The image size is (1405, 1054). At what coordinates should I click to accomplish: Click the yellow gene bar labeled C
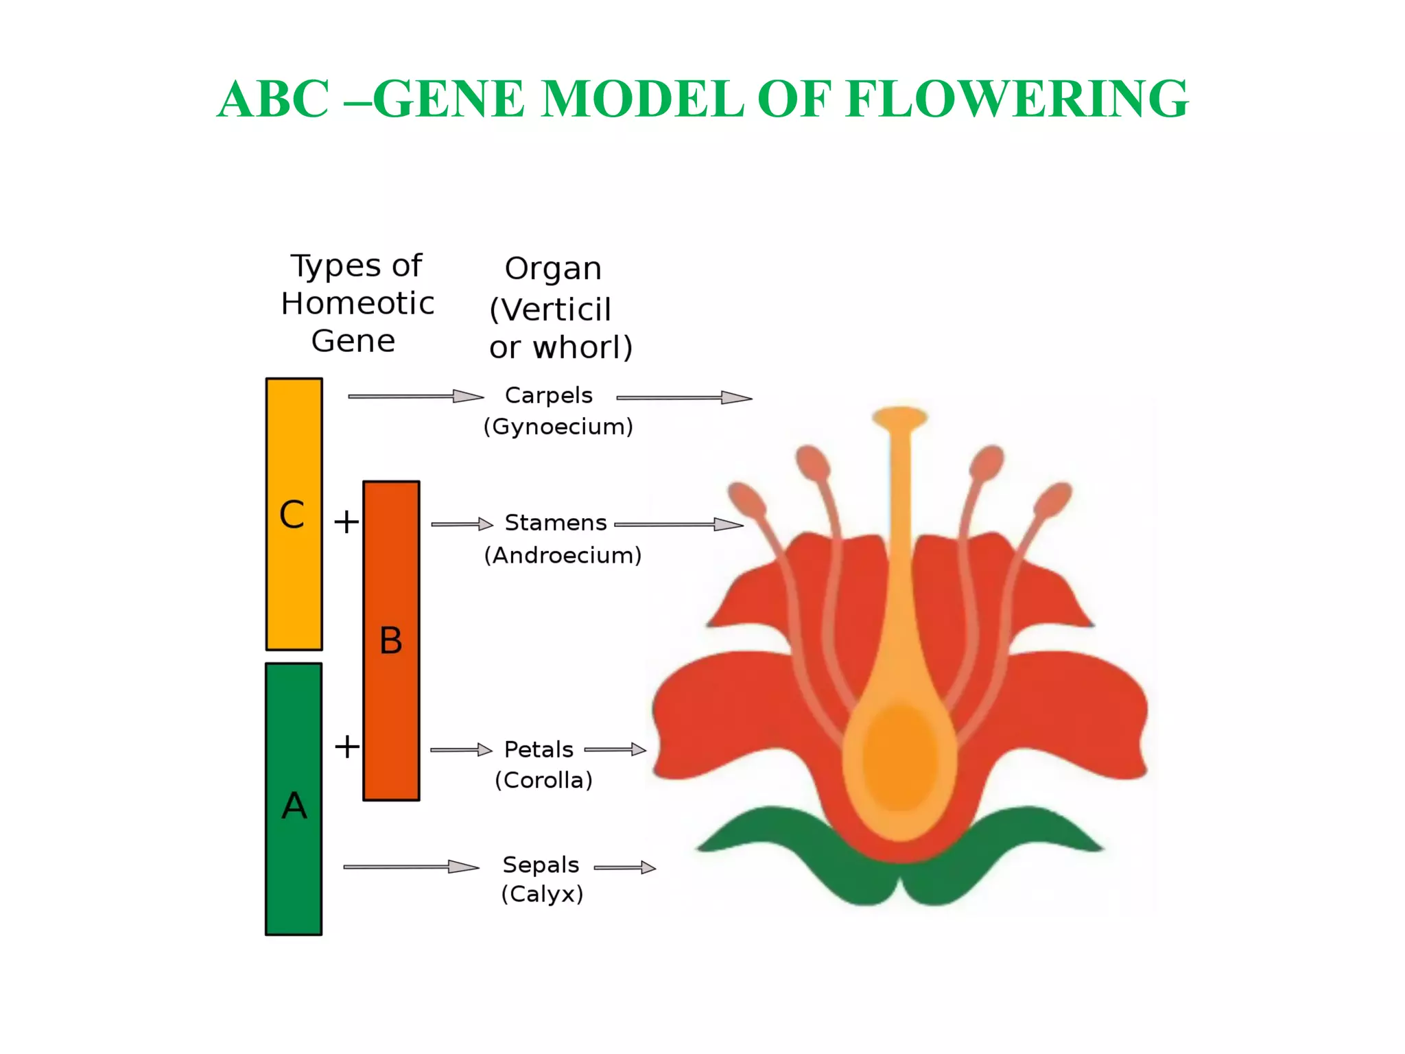pyautogui.click(x=294, y=513)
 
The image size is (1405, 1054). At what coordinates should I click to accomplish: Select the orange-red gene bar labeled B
pyautogui.click(x=391, y=640)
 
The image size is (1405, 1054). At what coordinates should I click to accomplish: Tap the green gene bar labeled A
pyautogui.click(x=294, y=799)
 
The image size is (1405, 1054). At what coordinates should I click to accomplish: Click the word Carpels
pyautogui.click(x=548, y=395)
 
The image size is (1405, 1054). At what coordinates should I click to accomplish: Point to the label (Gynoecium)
pyautogui.click(x=558, y=427)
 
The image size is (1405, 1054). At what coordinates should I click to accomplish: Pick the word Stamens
pyautogui.click(x=556, y=523)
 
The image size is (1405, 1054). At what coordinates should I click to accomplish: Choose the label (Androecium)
pyautogui.click(x=563, y=555)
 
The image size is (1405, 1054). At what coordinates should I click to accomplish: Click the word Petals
pyautogui.click(x=539, y=749)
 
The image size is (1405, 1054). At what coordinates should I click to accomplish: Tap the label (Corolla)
pyautogui.click(x=543, y=780)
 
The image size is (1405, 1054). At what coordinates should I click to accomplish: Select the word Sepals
pyautogui.click(x=541, y=865)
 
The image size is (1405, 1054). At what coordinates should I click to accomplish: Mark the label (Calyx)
pyautogui.click(x=542, y=894)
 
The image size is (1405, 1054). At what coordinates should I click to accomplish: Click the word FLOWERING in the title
pyautogui.click(x=1017, y=99)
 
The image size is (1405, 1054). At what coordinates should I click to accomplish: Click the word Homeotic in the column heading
pyautogui.click(x=357, y=303)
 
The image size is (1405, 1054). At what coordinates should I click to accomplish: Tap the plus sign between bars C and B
pyautogui.click(x=346, y=522)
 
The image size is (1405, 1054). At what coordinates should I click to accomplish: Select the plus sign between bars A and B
pyautogui.click(x=347, y=747)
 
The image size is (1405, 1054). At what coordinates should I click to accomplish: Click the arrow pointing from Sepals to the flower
pyautogui.click(x=624, y=868)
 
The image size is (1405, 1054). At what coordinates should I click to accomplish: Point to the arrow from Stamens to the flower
pyautogui.click(x=678, y=525)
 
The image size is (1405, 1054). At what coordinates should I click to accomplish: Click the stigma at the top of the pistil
pyautogui.click(x=900, y=416)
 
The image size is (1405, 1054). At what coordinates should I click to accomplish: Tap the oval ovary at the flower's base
pyautogui.click(x=899, y=758)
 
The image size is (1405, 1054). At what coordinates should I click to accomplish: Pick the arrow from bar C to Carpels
pyautogui.click(x=415, y=397)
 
